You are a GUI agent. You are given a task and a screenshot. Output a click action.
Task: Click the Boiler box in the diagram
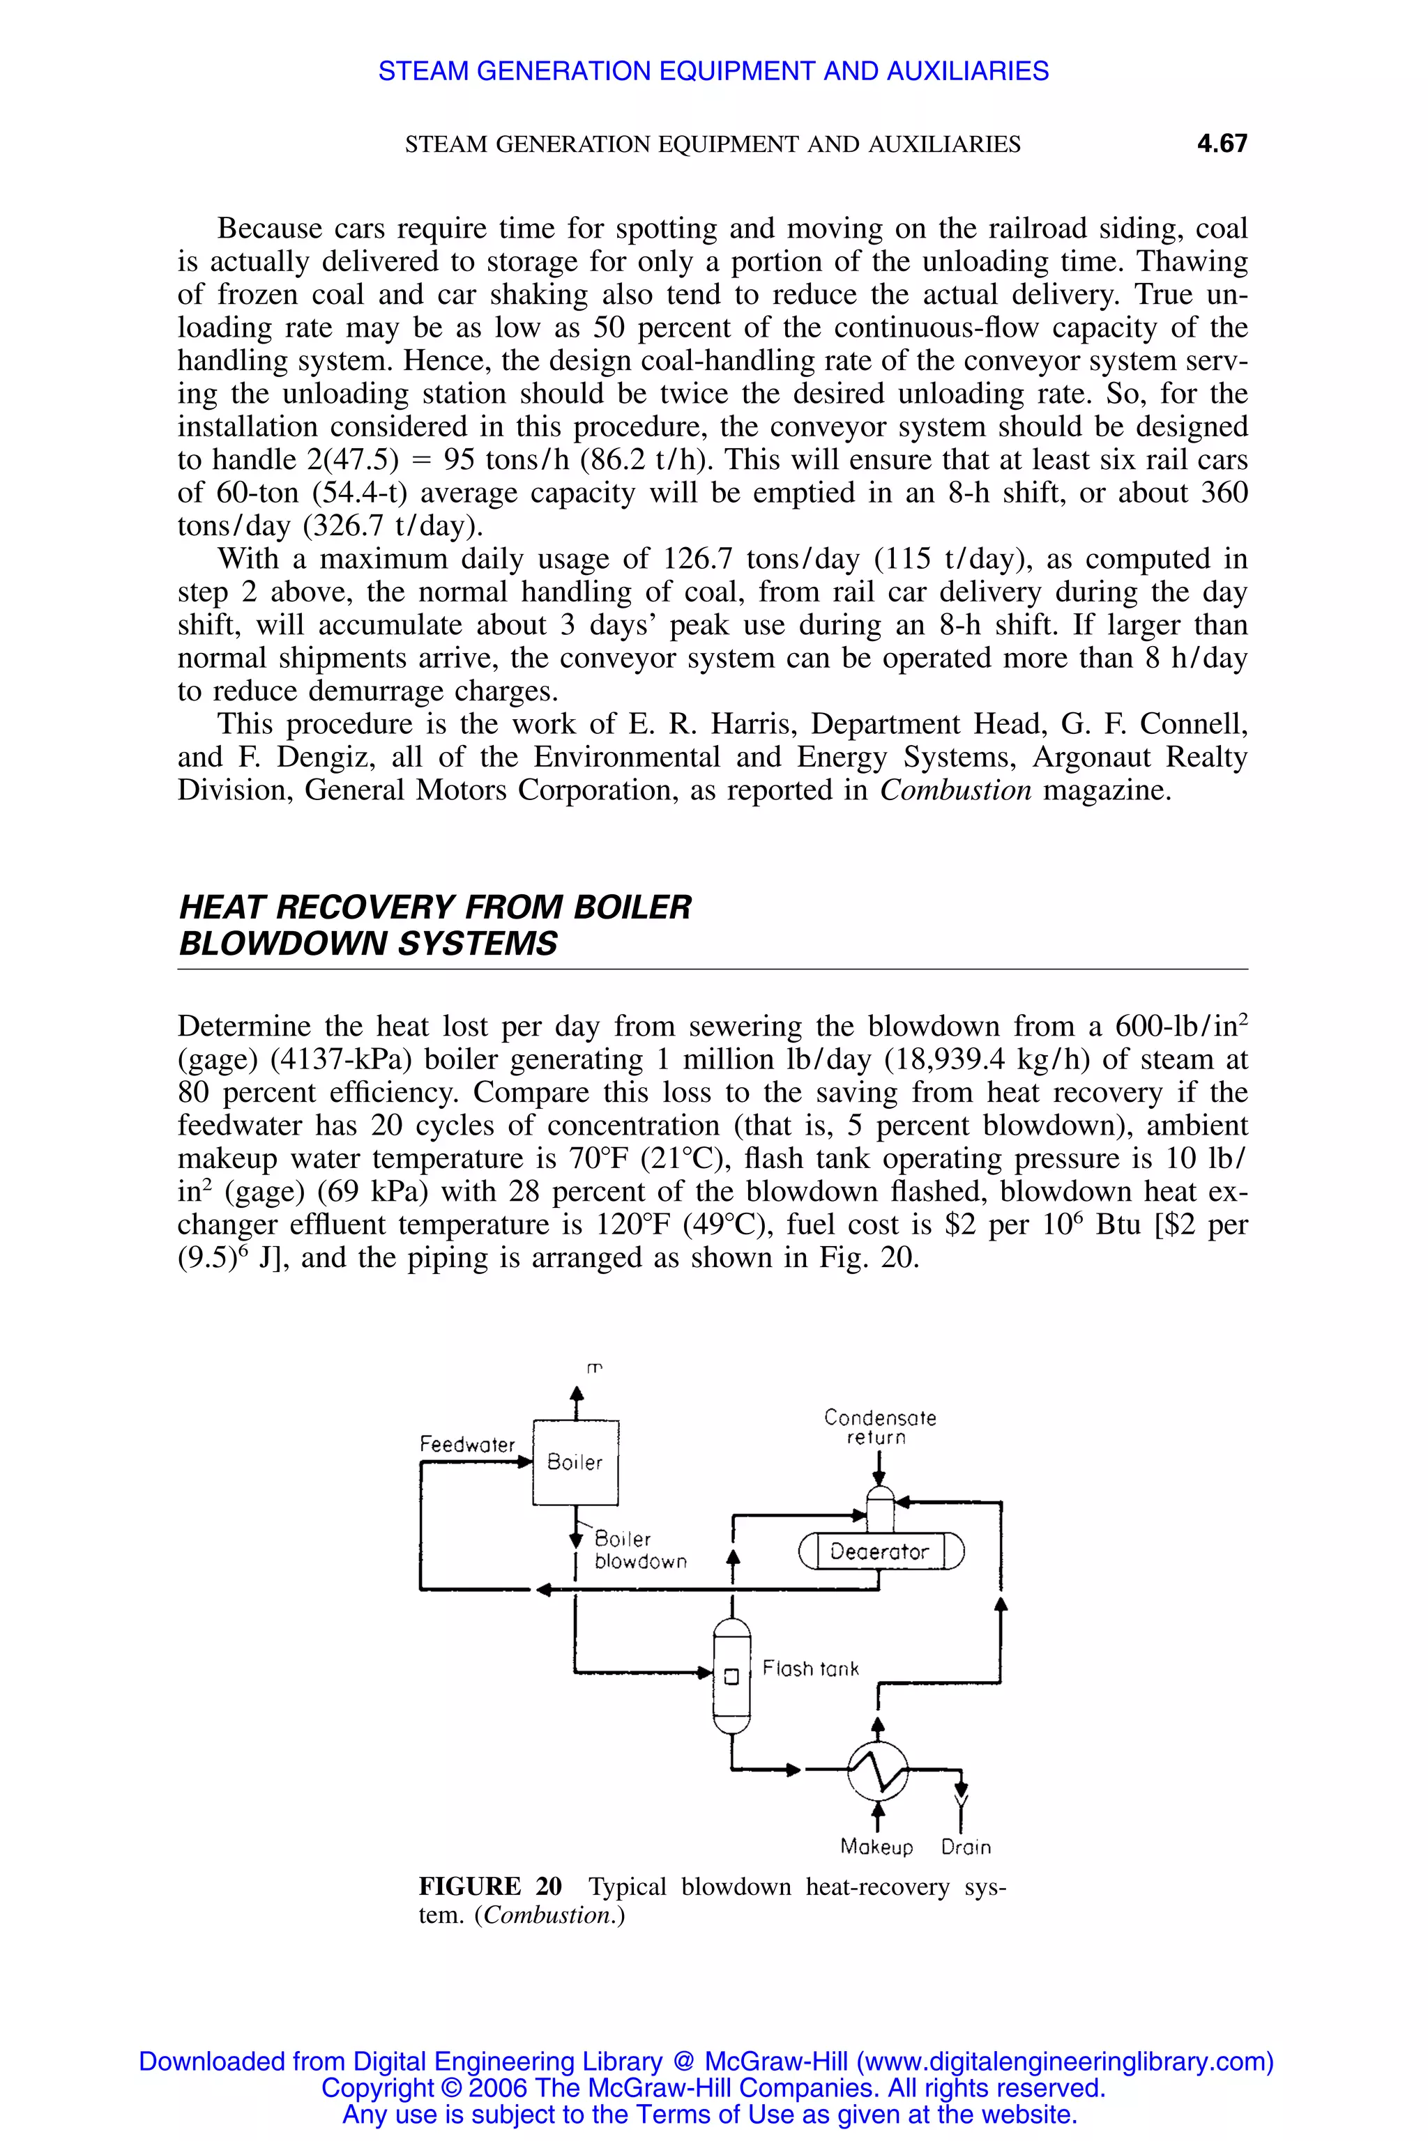coord(575,1462)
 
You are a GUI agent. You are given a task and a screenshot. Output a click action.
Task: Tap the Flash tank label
coord(810,1668)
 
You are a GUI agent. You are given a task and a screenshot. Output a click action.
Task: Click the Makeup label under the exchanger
coord(876,1847)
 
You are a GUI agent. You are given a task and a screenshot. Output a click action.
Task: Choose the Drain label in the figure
coord(965,1847)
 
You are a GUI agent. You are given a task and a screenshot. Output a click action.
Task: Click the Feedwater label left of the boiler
coord(466,1445)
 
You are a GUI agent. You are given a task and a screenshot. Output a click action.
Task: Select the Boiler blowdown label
coord(639,1549)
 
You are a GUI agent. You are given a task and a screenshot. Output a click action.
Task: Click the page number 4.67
coord(1222,144)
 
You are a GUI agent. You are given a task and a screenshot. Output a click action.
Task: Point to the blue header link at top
coord(713,71)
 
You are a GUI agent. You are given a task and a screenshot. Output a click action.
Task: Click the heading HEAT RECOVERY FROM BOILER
coord(434,907)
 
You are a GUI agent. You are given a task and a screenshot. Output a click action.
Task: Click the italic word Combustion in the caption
coord(549,1915)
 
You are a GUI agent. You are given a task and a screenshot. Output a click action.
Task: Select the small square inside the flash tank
coord(731,1677)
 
